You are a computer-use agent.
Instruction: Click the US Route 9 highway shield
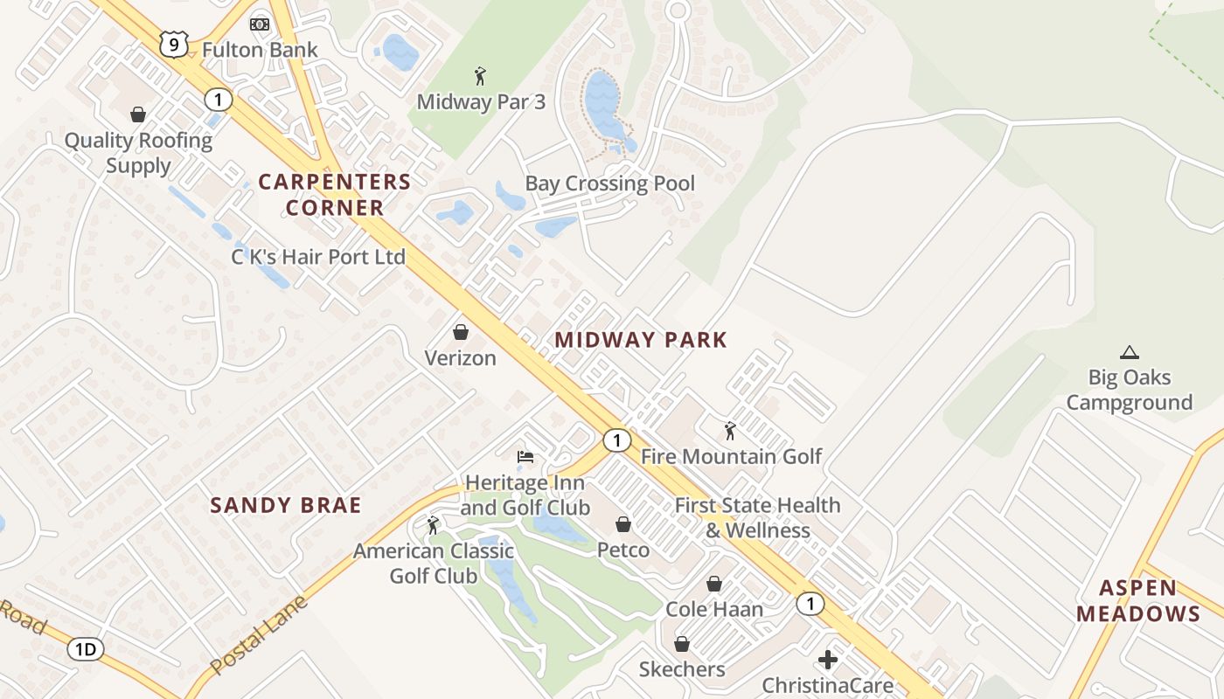(x=174, y=44)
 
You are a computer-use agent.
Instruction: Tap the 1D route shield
(x=86, y=649)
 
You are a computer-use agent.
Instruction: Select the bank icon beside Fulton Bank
(x=260, y=24)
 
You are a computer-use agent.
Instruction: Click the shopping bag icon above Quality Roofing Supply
(x=138, y=114)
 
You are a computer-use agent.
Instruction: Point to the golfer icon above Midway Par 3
(x=480, y=76)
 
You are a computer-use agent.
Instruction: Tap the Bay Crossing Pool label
(x=609, y=183)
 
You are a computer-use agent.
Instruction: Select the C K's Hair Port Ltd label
(x=318, y=257)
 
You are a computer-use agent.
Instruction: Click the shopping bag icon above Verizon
(x=460, y=332)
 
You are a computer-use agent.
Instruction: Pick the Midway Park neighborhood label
(x=641, y=340)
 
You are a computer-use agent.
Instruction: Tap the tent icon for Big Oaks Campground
(x=1130, y=353)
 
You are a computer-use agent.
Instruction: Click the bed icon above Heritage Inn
(x=525, y=456)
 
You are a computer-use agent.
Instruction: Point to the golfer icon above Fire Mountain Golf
(x=730, y=431)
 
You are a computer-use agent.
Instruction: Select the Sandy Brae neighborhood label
(x=286, y=505)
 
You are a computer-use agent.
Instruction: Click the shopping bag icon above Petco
(x=623, y=524)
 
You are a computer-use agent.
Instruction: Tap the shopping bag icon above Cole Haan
(x=714, y=584)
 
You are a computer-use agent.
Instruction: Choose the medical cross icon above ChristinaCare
(x=827, y=660)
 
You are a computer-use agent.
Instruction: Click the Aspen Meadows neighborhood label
(x=1138, y=600)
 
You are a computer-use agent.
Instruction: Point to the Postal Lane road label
(x=260, y=634)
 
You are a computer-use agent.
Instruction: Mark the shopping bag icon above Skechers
(x=682, y=644)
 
